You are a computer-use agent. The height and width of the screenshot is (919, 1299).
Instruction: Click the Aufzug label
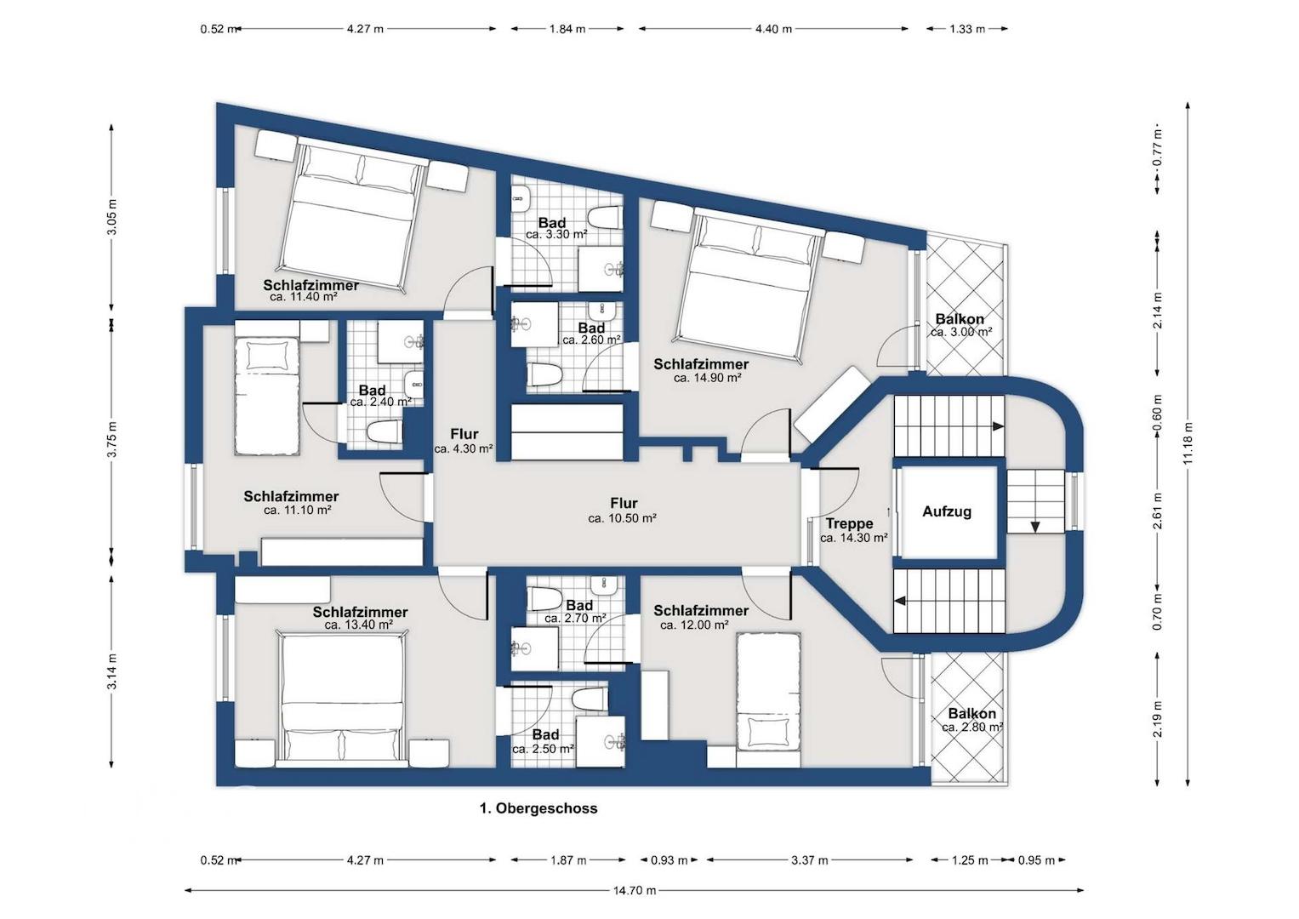pos(947,511)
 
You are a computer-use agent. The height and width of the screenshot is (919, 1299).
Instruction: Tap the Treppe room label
pos(849,524)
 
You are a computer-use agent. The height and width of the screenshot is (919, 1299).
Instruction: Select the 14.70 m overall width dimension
pos(635,890)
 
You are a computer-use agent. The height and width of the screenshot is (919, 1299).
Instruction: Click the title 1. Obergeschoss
pos(538,808)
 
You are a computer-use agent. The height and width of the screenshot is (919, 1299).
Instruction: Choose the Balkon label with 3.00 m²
pos(960,319)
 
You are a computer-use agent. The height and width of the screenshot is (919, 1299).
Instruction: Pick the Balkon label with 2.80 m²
pos(972,714)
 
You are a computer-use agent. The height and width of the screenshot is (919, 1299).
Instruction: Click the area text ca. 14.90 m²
pos(708,378)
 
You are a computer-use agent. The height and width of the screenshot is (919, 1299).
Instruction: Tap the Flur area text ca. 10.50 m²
pos(622,518)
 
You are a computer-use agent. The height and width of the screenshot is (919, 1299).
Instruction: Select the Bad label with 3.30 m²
pos(552,223)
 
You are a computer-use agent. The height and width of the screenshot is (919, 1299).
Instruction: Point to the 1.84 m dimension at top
pos(567,28)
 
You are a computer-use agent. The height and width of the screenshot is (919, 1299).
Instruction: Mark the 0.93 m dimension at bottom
pos(669,859)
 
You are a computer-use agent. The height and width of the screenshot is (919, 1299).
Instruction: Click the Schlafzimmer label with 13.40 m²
pos(360,612)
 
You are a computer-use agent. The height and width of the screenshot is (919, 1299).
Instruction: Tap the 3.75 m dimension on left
pos(112,440)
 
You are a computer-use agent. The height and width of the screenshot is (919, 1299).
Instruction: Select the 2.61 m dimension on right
pos(1158,511)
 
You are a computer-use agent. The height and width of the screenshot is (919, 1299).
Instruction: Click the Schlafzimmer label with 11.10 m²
pos(291,497)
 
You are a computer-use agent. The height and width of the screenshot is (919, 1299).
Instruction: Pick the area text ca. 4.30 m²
pos(464,448)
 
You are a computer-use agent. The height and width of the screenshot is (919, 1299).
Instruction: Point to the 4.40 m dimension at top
pos(773,28)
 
